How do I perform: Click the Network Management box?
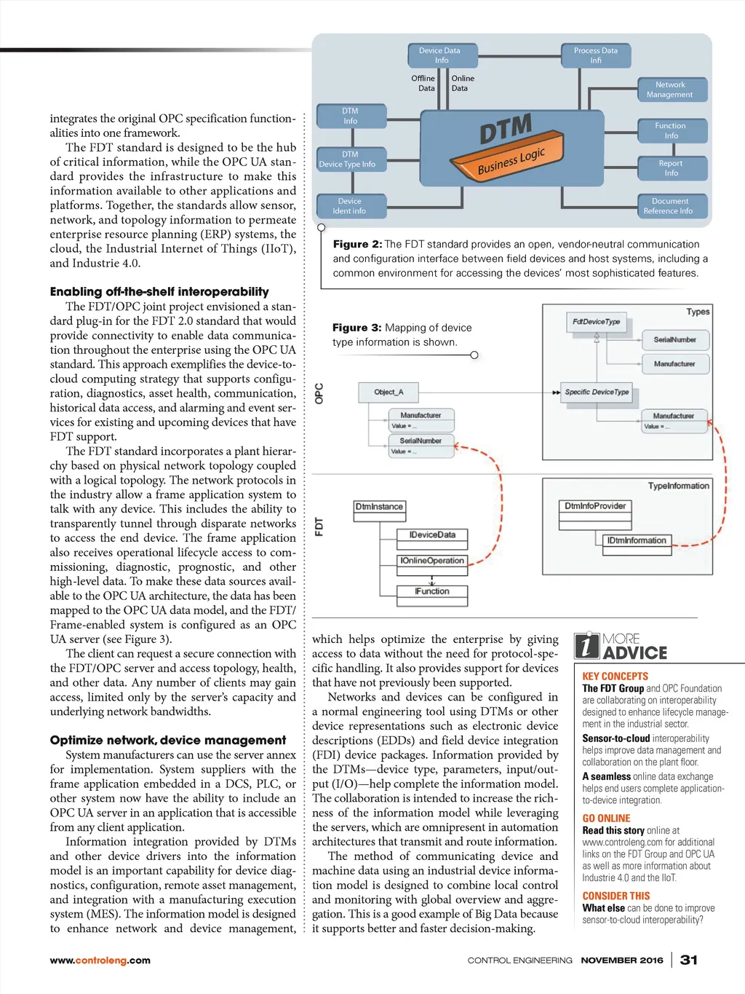tap(671, 90)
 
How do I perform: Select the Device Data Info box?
tap(441, 55)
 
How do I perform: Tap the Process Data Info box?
tap(596, 55)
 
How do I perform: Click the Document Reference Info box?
tap(669, 206)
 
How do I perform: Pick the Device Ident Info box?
tap(350, 206)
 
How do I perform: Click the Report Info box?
tap(671, 168)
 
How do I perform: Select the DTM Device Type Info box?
tap(350, 159)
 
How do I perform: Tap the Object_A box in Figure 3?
tap(389, 393)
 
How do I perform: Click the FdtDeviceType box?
tap(597, 322)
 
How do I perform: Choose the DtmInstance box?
tap(379, 507)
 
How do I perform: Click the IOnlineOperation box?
tap(432, 561)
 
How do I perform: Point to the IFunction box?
tap(432, 591)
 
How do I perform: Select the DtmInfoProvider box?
tap(595, 506)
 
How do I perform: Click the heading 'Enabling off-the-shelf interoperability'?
tap(159, 291)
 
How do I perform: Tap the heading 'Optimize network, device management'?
tap(168, 740)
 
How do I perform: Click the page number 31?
tap(688, 960)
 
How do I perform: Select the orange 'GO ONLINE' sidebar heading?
tap(606, 819)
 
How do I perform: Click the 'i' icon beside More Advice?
tap(587, 646)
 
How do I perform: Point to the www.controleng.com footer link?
tap(100, 961)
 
